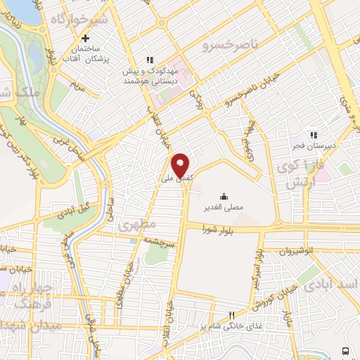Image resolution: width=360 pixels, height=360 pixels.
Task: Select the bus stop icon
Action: [345, 350]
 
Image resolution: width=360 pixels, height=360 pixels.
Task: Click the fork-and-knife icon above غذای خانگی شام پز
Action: [229, 315]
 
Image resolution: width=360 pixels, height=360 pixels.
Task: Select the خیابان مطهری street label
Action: [128, 275]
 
